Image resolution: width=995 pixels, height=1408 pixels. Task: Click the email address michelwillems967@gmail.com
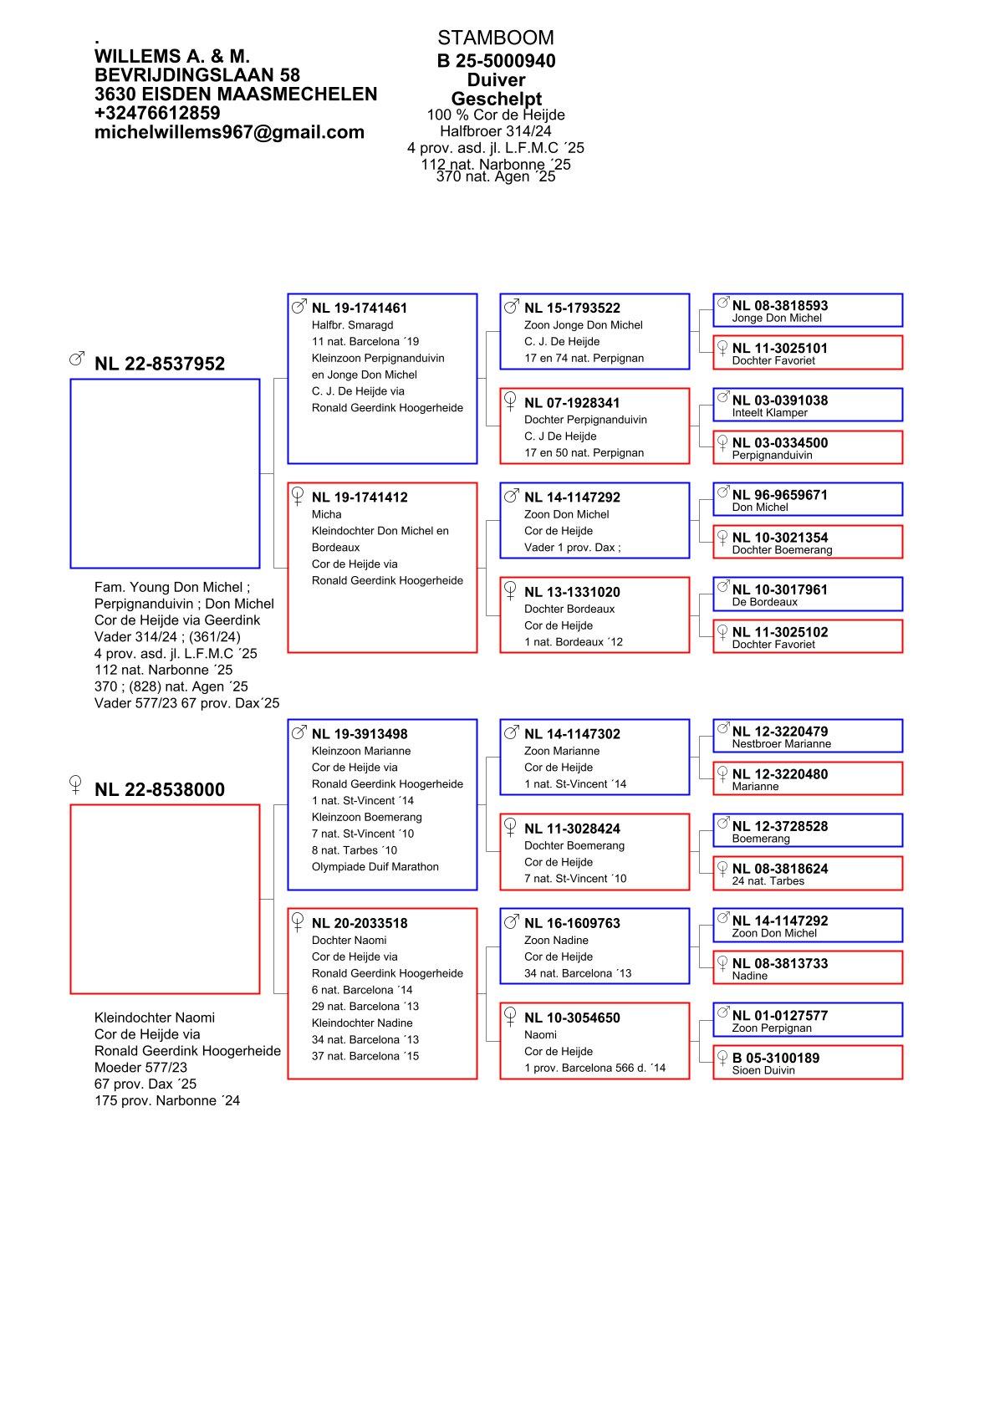[x=229, y=132]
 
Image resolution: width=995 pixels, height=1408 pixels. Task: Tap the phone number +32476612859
[x=157, y=113]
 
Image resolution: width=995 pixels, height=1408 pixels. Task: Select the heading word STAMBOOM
[x=495, y=38]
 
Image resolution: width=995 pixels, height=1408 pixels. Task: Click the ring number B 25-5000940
[x=496, y=61]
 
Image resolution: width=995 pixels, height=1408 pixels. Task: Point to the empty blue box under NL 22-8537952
[x=165, y=473]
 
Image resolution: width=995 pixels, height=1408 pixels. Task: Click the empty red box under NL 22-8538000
[x=165, y=899]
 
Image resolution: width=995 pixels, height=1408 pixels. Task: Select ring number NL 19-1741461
[x=360, y=309]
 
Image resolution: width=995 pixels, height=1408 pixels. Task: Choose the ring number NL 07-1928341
[x=572, y=403]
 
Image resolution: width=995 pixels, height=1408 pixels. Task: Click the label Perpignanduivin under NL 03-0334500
[x=772, y=456]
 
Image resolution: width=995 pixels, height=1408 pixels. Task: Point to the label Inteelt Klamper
[x=769, y=413]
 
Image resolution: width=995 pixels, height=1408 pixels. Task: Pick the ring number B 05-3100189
[x=775, y=1058]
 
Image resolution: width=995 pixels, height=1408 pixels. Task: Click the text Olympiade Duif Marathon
[x=375, y=867]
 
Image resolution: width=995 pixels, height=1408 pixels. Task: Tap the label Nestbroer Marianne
[x=781, y=744]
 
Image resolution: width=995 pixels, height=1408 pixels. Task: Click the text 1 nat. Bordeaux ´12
[x=573, y=642]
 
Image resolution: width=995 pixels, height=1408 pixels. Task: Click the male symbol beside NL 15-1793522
[x=510, y=307]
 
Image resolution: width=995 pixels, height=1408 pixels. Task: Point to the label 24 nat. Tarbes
[x=768, y=881]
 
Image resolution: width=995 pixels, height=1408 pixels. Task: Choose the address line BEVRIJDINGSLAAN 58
[x=197, y=75]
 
